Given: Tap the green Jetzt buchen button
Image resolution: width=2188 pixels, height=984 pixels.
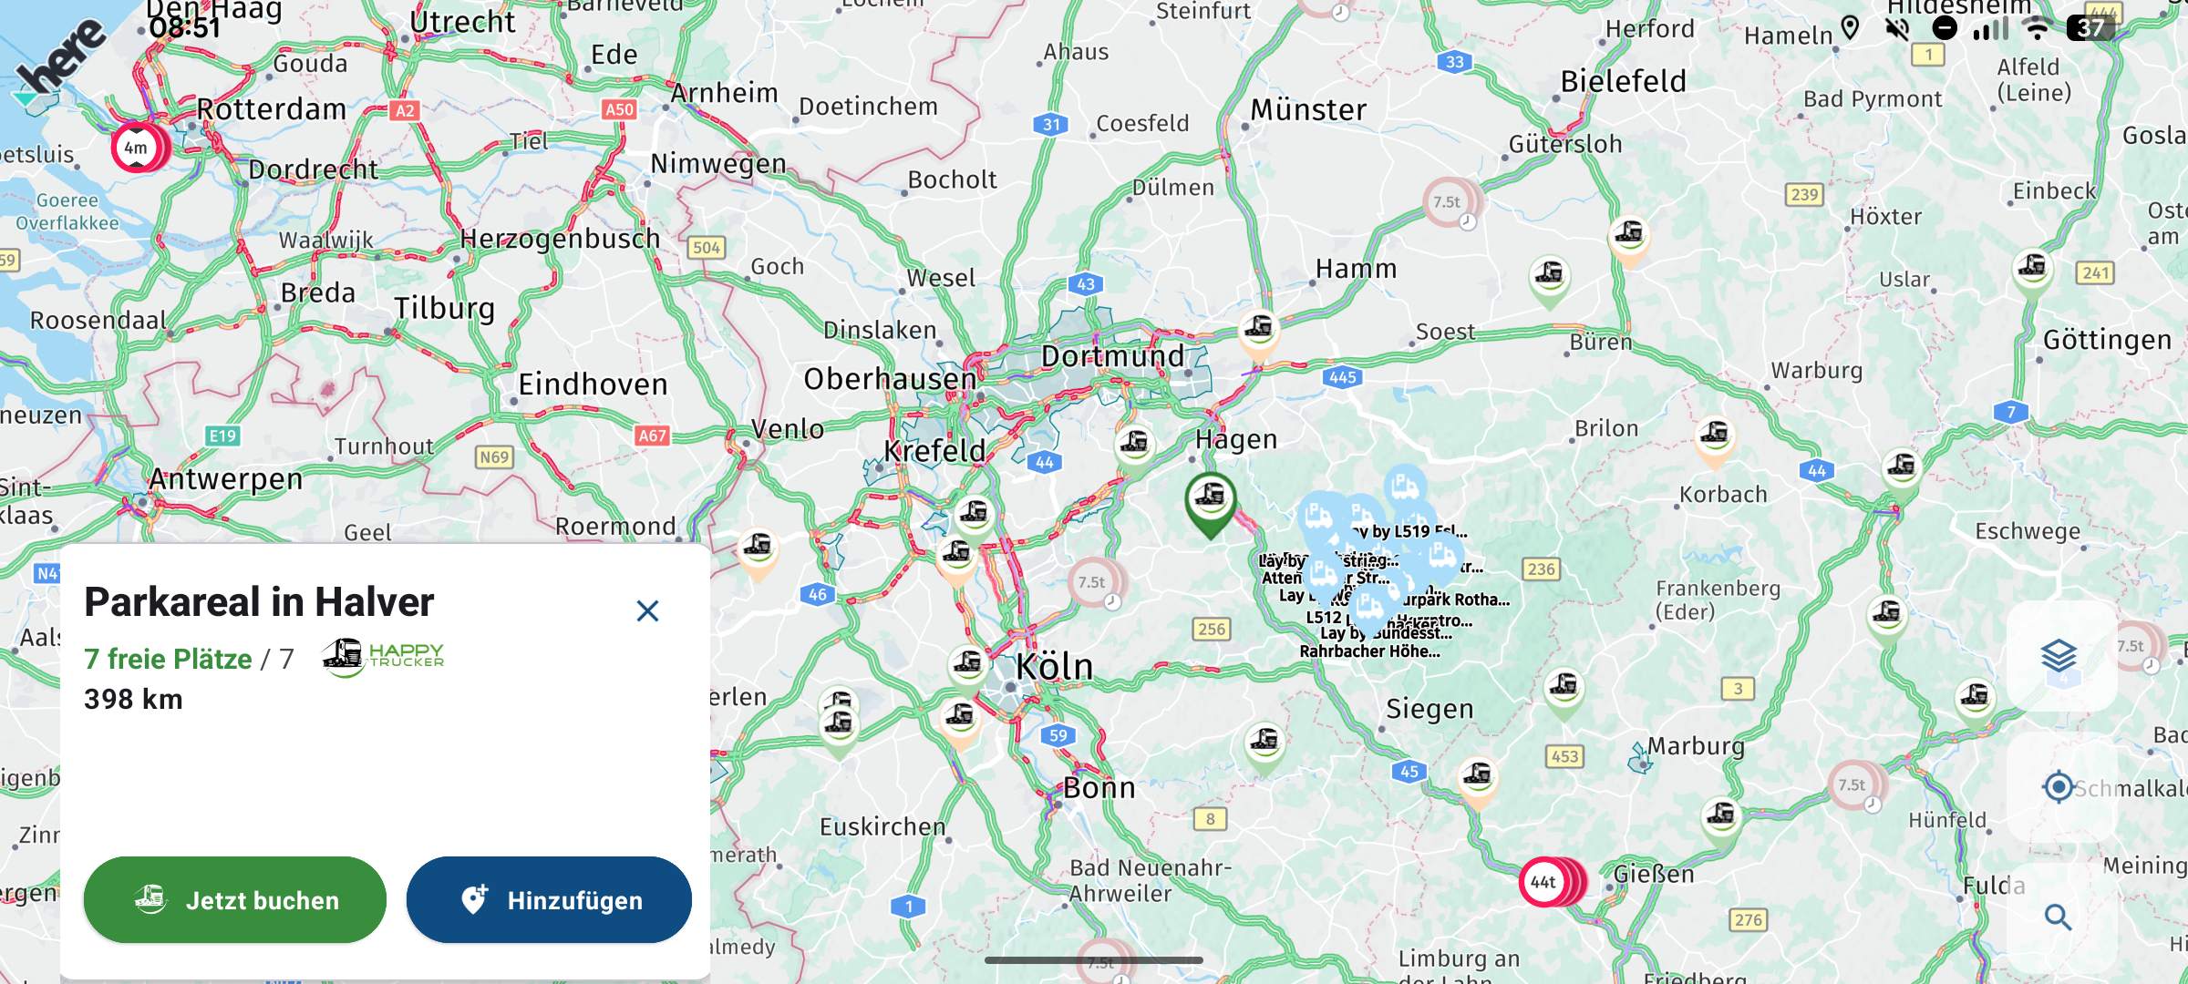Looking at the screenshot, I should pyautogui.click(x=234, y=900).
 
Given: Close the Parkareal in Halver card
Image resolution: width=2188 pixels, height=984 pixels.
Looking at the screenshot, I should pyautogui.click(x=647, y=610).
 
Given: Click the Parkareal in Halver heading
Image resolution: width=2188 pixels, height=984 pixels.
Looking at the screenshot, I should pyautogui.click(x=259, y=602).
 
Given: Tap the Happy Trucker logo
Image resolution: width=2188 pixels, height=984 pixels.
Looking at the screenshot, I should pyautogui.click(x=384, y=655).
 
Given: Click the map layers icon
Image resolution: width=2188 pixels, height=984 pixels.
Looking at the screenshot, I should pyautogui.click(x=2059, y=655).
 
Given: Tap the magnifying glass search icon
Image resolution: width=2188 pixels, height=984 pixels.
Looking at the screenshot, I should pyautogui.click(x=2058, y=917).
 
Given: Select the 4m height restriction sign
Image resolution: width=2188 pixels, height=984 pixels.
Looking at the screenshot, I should pyautogui.click(x=136, y=148).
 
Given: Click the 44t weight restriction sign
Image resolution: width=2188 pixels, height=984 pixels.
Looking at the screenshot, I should pyautogui.click(x=1543, y=882).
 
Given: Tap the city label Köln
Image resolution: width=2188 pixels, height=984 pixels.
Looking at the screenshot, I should pyautogui.click(x=1054, y=667).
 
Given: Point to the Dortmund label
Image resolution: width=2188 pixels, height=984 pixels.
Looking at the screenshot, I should pyautogui.click(x=1112, y=356).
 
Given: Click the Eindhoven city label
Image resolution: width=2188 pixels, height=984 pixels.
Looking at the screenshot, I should pyautogui.click(x=593, y=384).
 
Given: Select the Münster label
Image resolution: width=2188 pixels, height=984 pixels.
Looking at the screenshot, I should pyautogui.click(x=1308, y=110).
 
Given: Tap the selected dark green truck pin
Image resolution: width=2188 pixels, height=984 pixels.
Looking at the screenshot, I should pyautogui.click(x=1210, y=499).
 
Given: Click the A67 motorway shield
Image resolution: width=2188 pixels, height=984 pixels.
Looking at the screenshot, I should pyautogui.click(x=652, y=436).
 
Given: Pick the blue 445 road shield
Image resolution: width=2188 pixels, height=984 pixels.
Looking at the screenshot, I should pyautogui.click(x=1342, y=377).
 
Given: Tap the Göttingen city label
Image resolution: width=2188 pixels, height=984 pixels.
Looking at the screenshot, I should pyautogui.click(x=2107, y=341).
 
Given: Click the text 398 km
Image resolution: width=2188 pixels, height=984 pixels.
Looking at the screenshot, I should pyautogui.click(x=133, y=700).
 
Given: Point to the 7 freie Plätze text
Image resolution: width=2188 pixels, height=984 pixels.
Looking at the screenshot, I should pyautogui.click(x=168, y=659).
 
